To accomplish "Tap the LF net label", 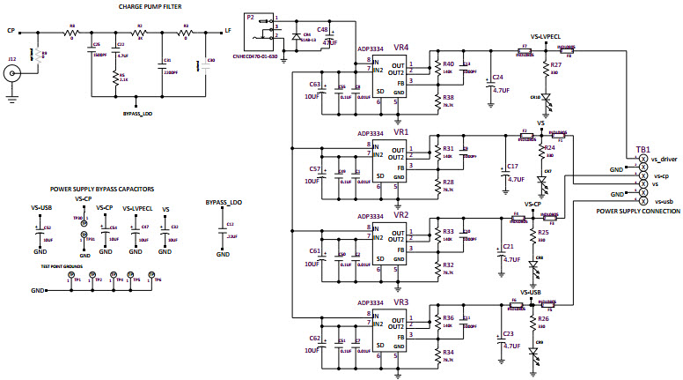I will pyautogui.click(x=228, y=31).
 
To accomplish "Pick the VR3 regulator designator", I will pyautogui.click(x=401, y=302).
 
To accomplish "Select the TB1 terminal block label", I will pyautogui.click(x=643, y=150).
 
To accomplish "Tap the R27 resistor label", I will pyautogui.click(x=555, y=66).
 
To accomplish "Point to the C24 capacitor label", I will pyautogui.click(x=498, y=77).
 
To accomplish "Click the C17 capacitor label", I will pyautogui.click(x=512, y=166).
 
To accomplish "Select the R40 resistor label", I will pyautogui.click(x=448, y=64).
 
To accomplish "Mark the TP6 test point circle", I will pyautogui.click(x=150, y=275).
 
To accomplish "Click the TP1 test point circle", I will pyautogui.click(x=71, y=275).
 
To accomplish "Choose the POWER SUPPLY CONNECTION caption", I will pyautogui.click(x=638, y=212).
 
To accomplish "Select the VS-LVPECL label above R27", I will pyautogui.click(x=547, y=37).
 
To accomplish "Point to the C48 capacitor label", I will pyautogui.click(x=322, y=30).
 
